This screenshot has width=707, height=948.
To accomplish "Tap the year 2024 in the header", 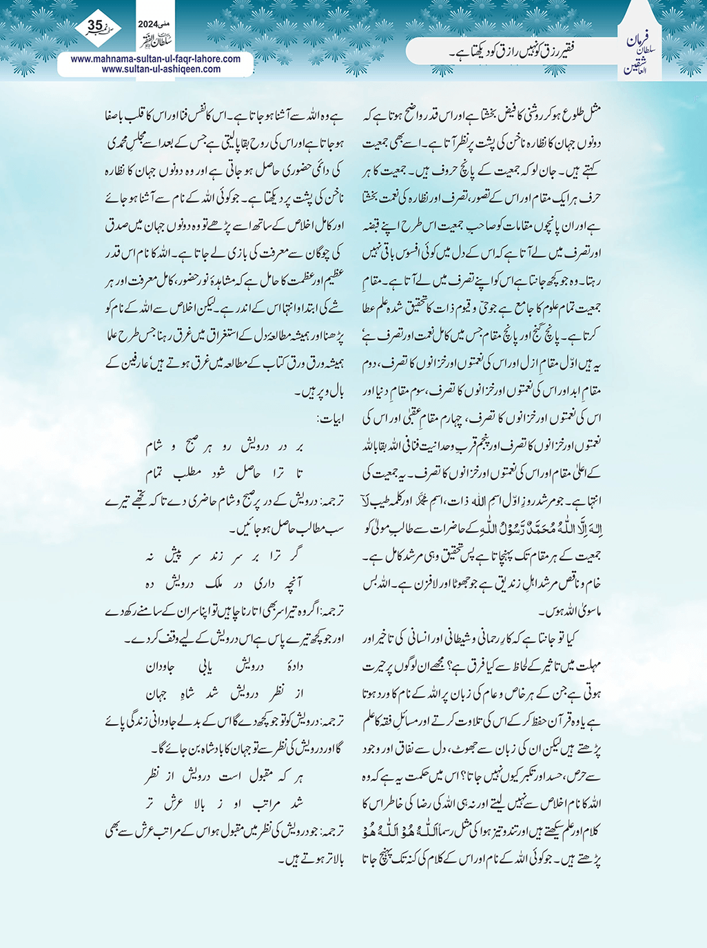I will (x=148, y=23).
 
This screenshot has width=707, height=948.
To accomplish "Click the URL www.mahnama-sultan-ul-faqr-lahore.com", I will (x=156, y=59).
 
